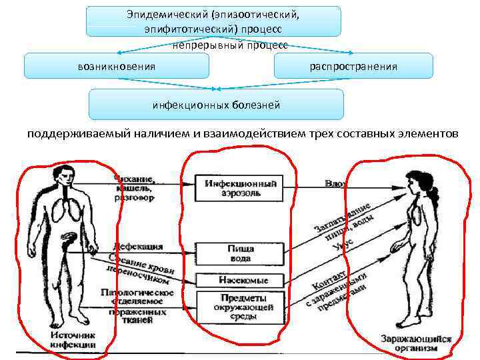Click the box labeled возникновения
pos(117,67)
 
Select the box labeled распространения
pos(353,67)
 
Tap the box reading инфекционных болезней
pos(216,105)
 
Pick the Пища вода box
pos(239,253)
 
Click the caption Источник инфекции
pos(73,340)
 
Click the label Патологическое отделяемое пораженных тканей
pos(137,303)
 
